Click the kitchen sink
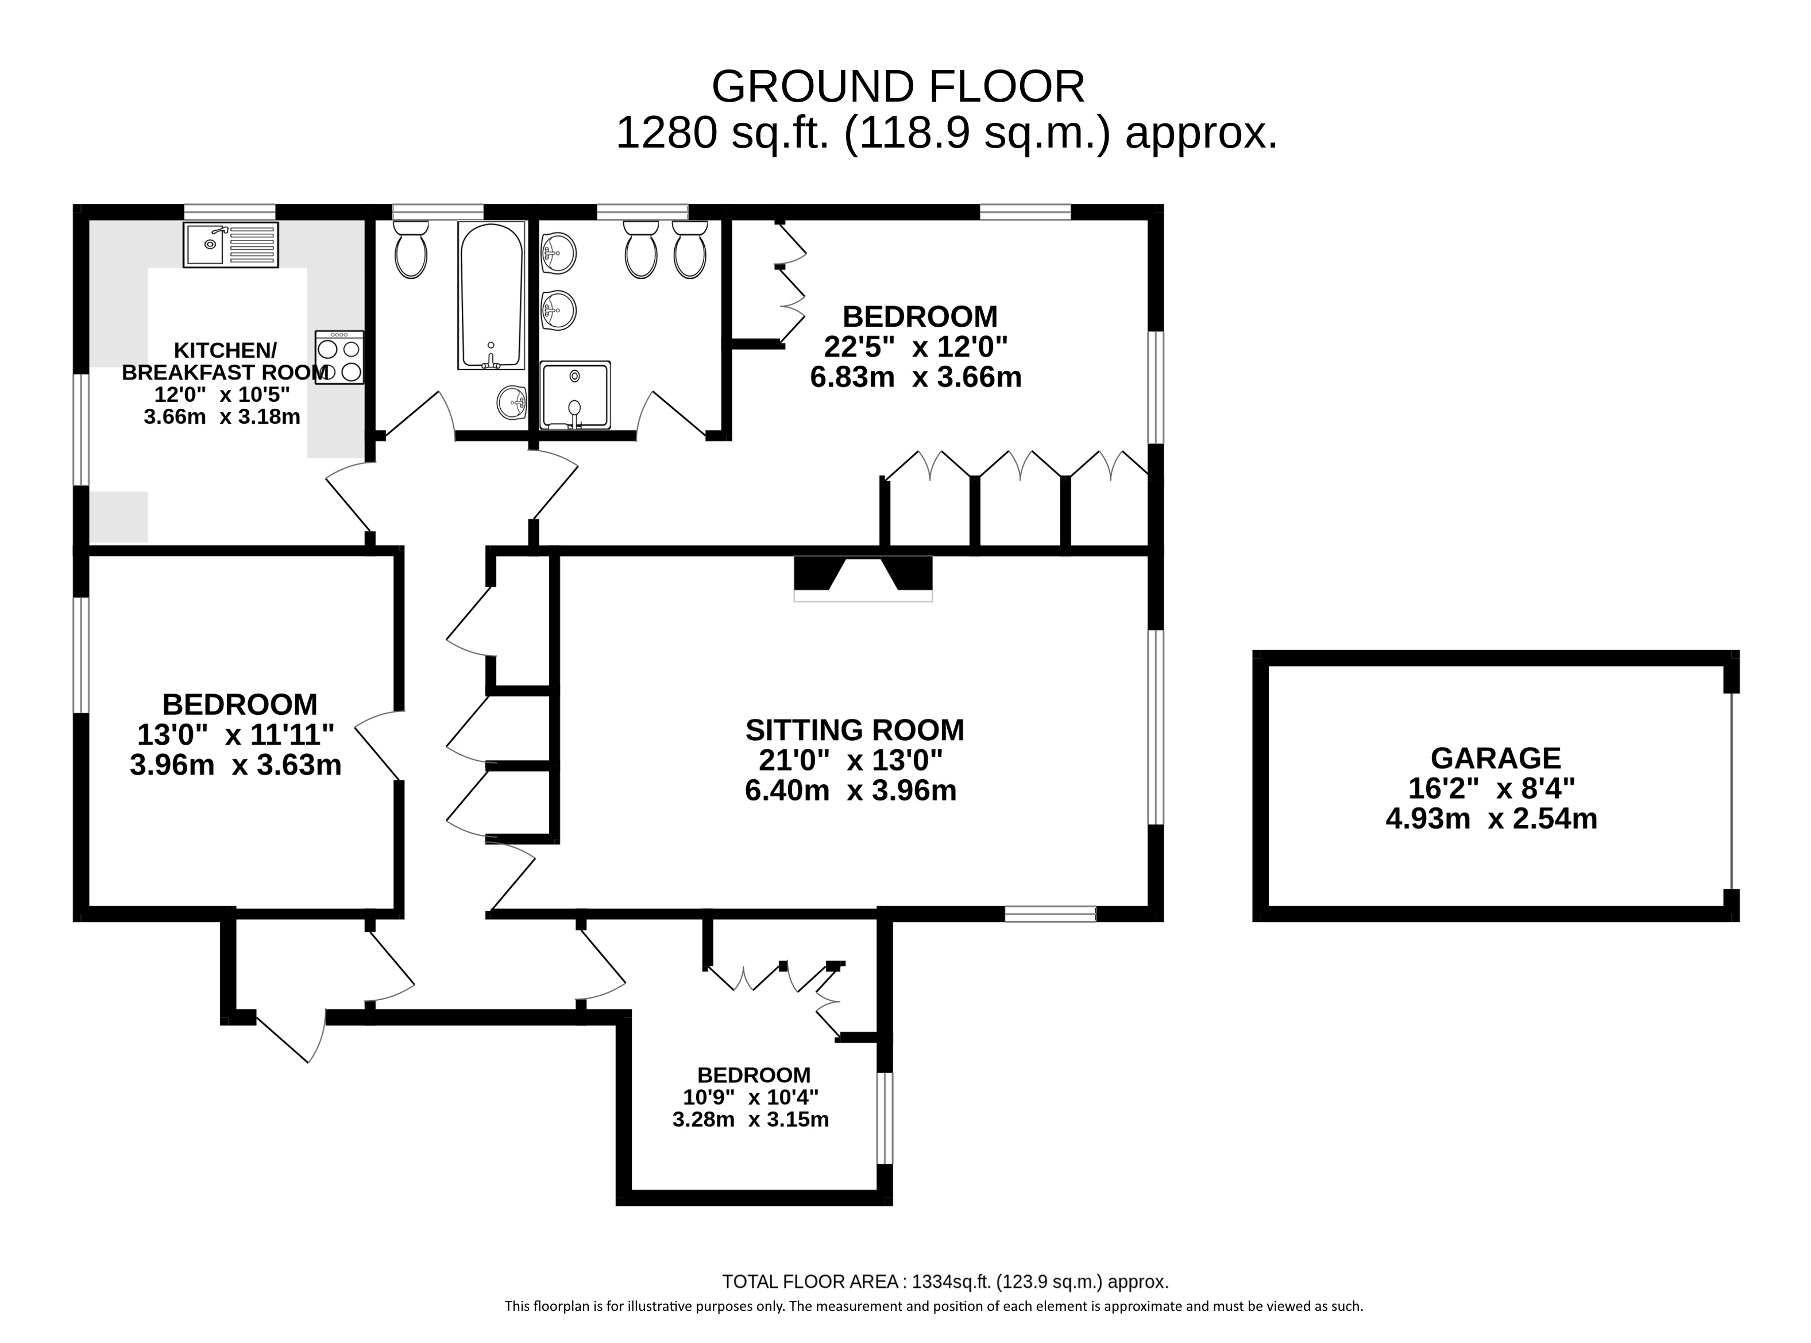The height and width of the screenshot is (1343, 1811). tap(231, 245)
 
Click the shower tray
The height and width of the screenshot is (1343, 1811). tap(575, 395)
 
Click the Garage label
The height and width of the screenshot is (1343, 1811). tap(1496, 758)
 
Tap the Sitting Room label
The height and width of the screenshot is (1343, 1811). tap(855, 730)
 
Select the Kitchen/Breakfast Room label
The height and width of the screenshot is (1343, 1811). tap(225, 361)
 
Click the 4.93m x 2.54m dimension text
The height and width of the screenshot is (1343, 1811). tap(1492, 819)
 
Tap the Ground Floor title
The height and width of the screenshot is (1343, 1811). tap(898, 86)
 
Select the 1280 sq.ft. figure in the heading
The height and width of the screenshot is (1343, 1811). tap(722, 133)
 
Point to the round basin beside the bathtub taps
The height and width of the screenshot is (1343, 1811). tap(512, 401)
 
